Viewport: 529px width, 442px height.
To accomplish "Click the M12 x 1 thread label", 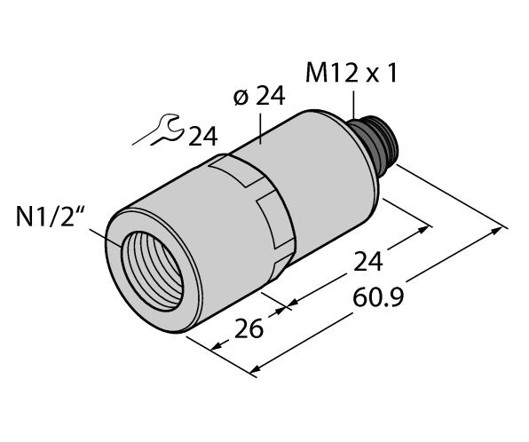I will [351, 75].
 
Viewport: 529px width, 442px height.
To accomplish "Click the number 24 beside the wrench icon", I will [201, 136].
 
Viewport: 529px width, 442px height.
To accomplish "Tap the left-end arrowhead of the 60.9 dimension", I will [258, 366].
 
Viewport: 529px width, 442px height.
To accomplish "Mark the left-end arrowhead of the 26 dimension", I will [217, 344].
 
